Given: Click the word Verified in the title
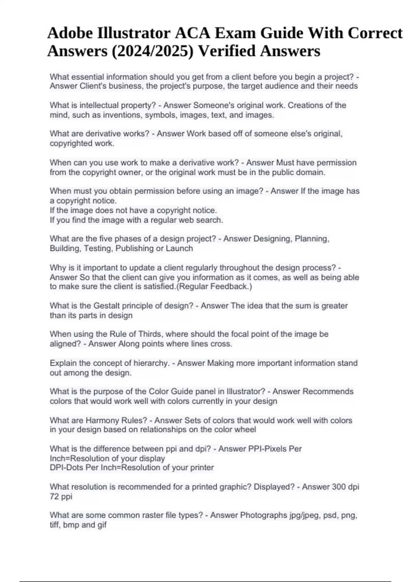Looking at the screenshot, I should (227, 51).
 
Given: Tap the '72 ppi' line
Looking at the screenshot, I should (61, 496).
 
